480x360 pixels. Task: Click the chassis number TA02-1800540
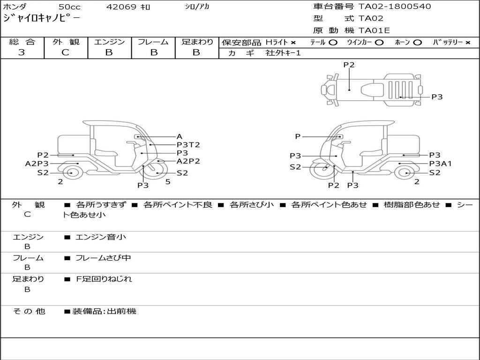[x=395, y=7]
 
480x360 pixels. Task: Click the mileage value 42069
[x=121, y=7]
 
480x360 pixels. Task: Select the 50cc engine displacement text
[x=69, y=7]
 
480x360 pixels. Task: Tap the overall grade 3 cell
[x=22, y=52]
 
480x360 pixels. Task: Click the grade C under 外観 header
[x=66, y=52]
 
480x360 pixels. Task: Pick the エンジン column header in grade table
[x=109, y=42]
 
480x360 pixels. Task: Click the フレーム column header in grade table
[x=153, y=42]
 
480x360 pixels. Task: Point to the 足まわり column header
[x=197, y=42]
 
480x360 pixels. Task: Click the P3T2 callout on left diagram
[x=188, y=145]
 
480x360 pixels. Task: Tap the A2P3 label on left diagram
[x=37, y=164]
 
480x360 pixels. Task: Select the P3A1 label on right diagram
[x=441, y=164]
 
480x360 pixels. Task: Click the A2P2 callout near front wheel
[x=188, y=161]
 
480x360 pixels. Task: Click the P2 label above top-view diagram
[x=349, y=65]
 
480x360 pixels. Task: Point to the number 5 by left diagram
[x=168, y=182]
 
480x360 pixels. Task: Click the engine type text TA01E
[x=374, y=30]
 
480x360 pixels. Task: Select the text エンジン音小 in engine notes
[x=101, y=237]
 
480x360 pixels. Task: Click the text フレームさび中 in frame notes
[x=103, y=258]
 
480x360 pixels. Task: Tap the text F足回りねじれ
[x=104, y=279]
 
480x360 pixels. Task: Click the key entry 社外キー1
[x=283, y=53]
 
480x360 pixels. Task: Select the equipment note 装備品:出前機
[x=104, y=311]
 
